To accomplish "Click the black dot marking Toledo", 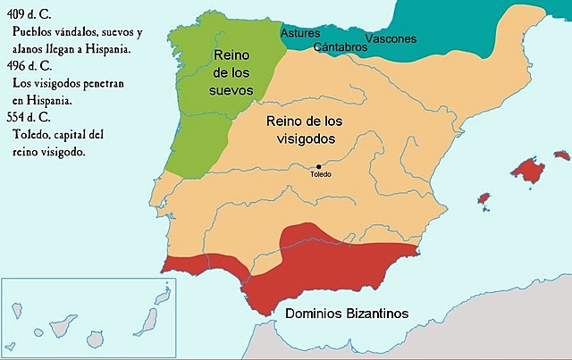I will (x=318, y=165).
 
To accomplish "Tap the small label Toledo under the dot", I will (x=320, y=174).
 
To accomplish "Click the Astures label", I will (x=300, y=33).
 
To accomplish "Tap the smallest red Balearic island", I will (x=484, y=197).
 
